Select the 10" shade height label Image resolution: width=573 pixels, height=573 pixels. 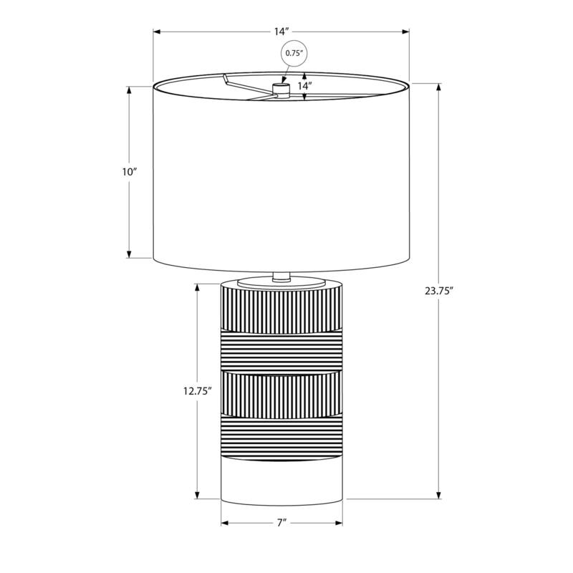[130, 172]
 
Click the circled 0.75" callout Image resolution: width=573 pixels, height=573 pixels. [293, 53]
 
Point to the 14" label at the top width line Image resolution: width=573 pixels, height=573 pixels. [281, 32]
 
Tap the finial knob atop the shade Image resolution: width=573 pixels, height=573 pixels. [280, 89]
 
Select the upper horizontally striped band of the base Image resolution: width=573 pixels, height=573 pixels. [281, 351]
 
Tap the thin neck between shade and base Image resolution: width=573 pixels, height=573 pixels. [281, 276]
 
